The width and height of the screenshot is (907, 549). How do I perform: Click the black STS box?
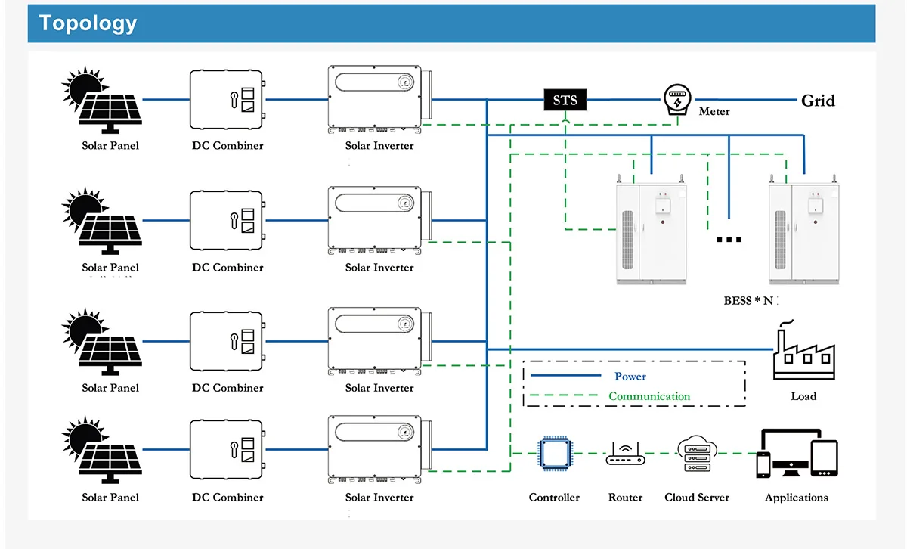pyautogui.click(x=565, y=100)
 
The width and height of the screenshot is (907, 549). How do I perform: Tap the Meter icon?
pyautogui.click(x=678, y=99)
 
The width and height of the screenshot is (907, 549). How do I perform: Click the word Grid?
pyautogui.click(x=818, y=101)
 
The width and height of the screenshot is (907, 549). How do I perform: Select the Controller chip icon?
pyautogui.click(x=553, y=454)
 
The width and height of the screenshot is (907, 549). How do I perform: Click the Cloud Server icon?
pyautogui.click(x=697, y=454)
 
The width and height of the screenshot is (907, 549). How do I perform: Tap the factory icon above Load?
pyautogui.click(x=803, y=354)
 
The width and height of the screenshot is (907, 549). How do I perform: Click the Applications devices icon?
pyautogui.click(x=797, y=454)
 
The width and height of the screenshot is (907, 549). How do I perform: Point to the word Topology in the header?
pyautogui.click(x=88, y=23)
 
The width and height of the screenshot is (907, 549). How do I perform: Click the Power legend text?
pyautogui.click(x=630, y=376)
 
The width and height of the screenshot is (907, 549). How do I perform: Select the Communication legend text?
pyautogui.click(x=649, y=396)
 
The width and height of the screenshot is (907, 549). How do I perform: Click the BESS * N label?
pyautogui.click(x=749, y=300)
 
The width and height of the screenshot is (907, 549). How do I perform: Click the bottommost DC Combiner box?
pyautogui.click(x=227, y=451)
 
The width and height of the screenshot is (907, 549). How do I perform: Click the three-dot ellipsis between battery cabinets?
pyautogui.click(x=729, y=240)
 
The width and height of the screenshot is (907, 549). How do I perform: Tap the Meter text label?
pyautogui.click(x=714, y=112)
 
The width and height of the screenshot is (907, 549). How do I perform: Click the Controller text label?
pyautogui.click(x=554, y=498)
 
